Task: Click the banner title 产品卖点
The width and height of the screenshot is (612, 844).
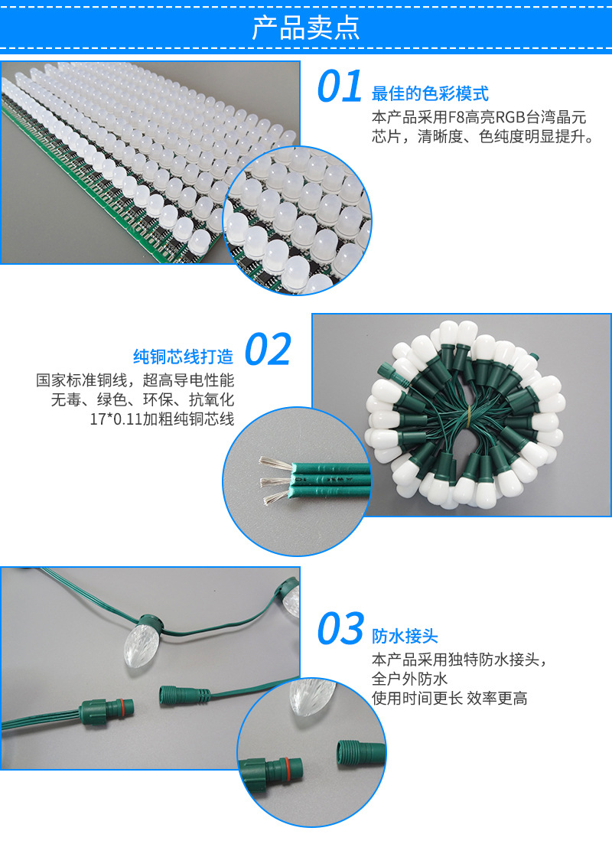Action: pyautogui.click(x=306, y=28)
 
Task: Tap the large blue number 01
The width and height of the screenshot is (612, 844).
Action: pyautogui.click(x=339, y=86)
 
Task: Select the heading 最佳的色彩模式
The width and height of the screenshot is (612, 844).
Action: pyautogui.click(x=430, y=93)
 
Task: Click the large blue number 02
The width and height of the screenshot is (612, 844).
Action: pyautogui.click(x=268, y=350)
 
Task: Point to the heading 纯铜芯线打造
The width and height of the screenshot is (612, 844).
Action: pyautogui.click(x=184, y=357)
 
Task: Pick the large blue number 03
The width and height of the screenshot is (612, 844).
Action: pyautogui.click(x=340, y=628)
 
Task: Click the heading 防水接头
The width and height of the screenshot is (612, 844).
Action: pyautogui.click(x=405, y=636)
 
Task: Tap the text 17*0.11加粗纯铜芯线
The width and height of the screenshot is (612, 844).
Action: pyautogui.click(x=162, y=419)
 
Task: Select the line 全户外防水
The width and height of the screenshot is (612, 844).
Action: pyautogui.click(x=409, y=679)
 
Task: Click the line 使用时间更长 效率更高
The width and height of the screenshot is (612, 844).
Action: pyautogui.click(x=450, y=698)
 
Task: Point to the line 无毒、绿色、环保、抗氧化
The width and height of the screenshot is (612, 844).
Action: pyautogui.click(x=142, y=399)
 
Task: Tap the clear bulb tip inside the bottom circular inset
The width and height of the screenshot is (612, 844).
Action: pyautogui.click(x=310, y=696)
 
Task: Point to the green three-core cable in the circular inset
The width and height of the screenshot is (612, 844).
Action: pyautogui.click(x=331, y=477)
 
